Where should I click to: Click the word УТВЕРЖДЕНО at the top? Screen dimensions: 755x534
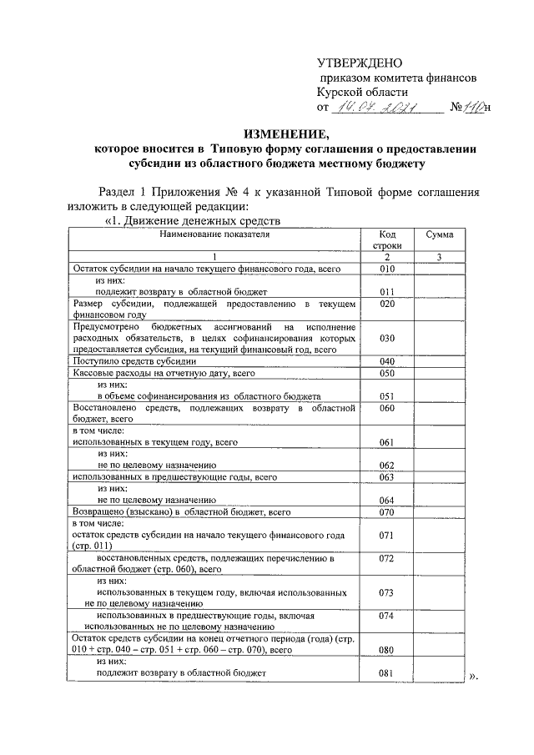pyautogui.click(x=360, y=63)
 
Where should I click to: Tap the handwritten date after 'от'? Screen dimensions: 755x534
pyautogui.click(x=383, y=107)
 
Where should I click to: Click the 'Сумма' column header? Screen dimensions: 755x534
pyautogui.click(x=439, y=235)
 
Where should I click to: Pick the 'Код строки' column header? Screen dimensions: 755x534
pyautogui.click(x=385, y=241)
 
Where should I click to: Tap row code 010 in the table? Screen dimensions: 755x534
pyautogui.click(x=385, y=269)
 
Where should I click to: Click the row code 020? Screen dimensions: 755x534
pyautogui.click(x=385, y=305)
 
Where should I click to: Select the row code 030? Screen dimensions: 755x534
pyautogui.click(x=385, y=340)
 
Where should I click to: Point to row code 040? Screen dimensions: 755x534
pyautogui.click(x=385, y=361)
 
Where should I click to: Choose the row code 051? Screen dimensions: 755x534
pyautogui.click(x=385, y=396)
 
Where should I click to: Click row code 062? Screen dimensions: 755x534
pyautogui.click(x=385, y=466)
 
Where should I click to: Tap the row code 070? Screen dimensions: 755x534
pyautogui.click(x=385, y=511)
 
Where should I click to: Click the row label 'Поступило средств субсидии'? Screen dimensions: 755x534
pyautogui.click(x=134, y=362)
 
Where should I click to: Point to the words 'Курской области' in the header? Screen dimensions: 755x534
pyautogui.click(x=362, y=92)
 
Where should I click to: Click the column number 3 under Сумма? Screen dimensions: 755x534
pyautogui.click(x=439, y=257)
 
